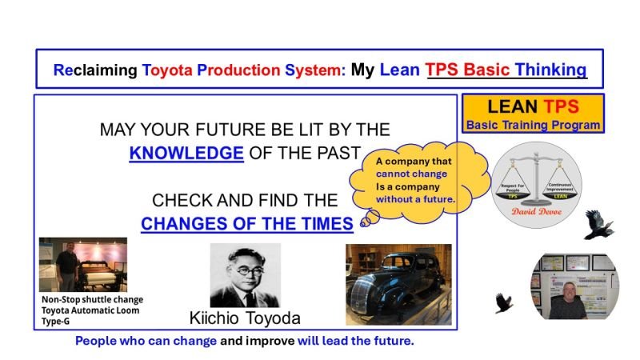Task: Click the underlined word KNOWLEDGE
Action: click(x=186, y=153)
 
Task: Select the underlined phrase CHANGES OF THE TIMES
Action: click(x=247, y=224)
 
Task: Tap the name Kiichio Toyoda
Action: click(x=245, y=318)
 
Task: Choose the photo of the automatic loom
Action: click(x=83, y=264)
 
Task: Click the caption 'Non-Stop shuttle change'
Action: click(x=92, y=300)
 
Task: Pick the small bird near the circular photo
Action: click(x=503, y=303)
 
